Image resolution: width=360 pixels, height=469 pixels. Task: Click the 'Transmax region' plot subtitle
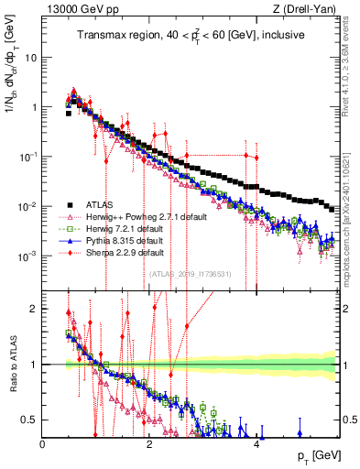point(190,36)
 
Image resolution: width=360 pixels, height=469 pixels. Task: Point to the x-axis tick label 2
point(150,442)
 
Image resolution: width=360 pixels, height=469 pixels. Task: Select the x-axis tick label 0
point(43,442)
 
